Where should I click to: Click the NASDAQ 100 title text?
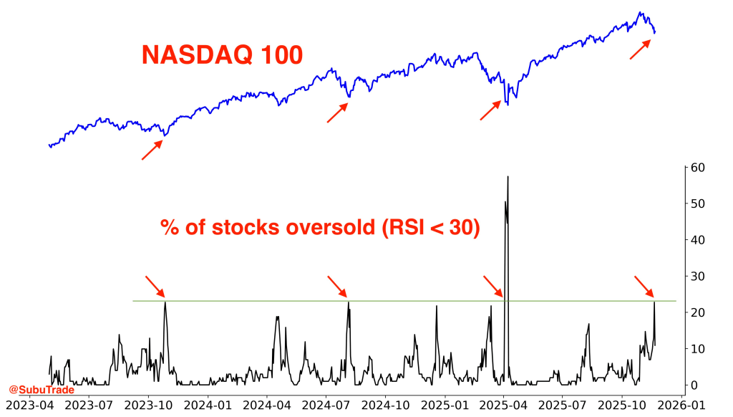coord(223,55)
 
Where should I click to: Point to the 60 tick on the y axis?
coord(697,168)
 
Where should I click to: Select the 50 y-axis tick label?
coord(697,203)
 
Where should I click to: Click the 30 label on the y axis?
coord(697,277)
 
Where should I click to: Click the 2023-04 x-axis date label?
coord(29,406)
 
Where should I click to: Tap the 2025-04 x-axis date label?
coord(503,406)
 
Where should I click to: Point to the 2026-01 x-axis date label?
coord(681,406)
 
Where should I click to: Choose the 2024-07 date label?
coord(326,406)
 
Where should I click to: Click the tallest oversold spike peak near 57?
coord(508,176)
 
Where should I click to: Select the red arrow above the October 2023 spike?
coord(155,286)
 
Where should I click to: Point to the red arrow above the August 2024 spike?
coord(337,286)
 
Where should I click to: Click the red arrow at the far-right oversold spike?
coord(644,286)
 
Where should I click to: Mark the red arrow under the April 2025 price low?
coord(490,110)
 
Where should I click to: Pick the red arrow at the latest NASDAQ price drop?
coord(640,49)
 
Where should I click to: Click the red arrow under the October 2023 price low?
coord(152,150)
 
